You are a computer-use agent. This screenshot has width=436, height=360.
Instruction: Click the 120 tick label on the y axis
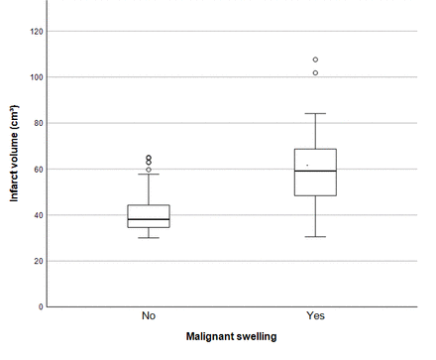tap(36, 31)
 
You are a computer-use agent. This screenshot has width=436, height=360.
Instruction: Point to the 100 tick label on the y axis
tap(36, 77)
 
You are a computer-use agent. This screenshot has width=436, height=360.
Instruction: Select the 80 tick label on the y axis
tap(39, 123)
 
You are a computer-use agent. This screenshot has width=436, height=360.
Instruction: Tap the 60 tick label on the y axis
tap(39, 170)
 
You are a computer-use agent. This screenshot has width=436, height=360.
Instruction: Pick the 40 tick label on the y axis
tap(39, 215)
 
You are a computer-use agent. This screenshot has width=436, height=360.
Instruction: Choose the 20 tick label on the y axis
tap(39, 261)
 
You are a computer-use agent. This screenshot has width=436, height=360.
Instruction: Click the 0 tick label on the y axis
tap(42, 307)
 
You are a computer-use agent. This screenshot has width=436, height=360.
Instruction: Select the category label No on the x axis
tap(149, 316)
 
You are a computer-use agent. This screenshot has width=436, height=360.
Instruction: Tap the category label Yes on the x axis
tap(315, 316)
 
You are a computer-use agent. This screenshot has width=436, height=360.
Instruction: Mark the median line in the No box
tap(149, 219)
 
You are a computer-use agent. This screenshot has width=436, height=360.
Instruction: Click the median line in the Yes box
tap(315, 171)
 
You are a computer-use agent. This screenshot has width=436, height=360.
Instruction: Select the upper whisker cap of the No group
tap(149, 175)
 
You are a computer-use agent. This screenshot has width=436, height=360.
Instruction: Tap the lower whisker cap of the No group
tap(149, 238)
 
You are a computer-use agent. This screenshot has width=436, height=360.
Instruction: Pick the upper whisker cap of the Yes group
tap(315, 113)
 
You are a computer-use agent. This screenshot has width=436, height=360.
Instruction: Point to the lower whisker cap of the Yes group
tap(315, 237)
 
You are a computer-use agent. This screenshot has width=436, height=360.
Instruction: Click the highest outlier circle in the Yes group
tap(315, 60)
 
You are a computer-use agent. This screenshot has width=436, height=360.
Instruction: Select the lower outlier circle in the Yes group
tap(315, 72)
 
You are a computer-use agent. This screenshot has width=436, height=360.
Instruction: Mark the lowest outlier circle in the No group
tap(149, 170)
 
